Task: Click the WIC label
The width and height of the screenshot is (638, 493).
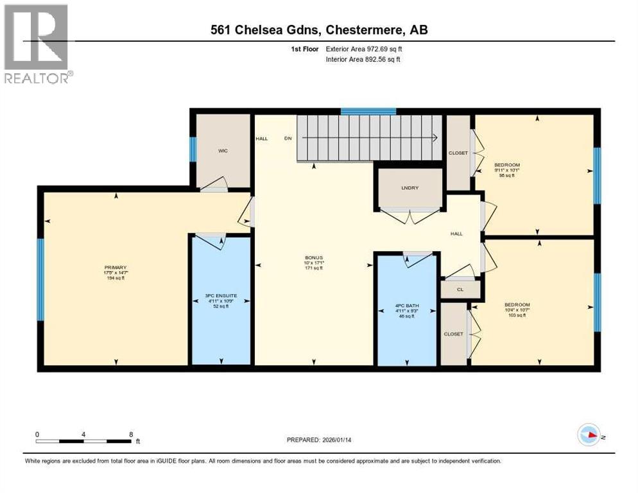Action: pyautogui.click(x=223, y=151)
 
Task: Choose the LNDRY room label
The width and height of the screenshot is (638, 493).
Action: pyautogui.click(x=410, y=187)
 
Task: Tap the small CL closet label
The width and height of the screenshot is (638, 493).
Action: pyautogui.click(x=460, y=290)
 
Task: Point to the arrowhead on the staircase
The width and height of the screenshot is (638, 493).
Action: pyautogui.click(x=436, y=137)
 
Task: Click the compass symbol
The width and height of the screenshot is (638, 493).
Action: pyautogui.click(x=588, y=435)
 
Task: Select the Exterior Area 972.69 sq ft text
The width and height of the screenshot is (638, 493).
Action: pyautogui.click(x=364, y=49)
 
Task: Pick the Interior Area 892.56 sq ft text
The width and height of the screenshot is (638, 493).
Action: pyautogui.click(x=363, y=59)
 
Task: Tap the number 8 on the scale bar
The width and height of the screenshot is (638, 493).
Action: pyautogui.click(x=131, y=434)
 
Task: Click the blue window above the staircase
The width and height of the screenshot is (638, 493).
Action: pyautogui.click(x=368, y=112)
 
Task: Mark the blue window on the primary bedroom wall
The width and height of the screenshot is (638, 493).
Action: pyautogui.click(x=40, y=279)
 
